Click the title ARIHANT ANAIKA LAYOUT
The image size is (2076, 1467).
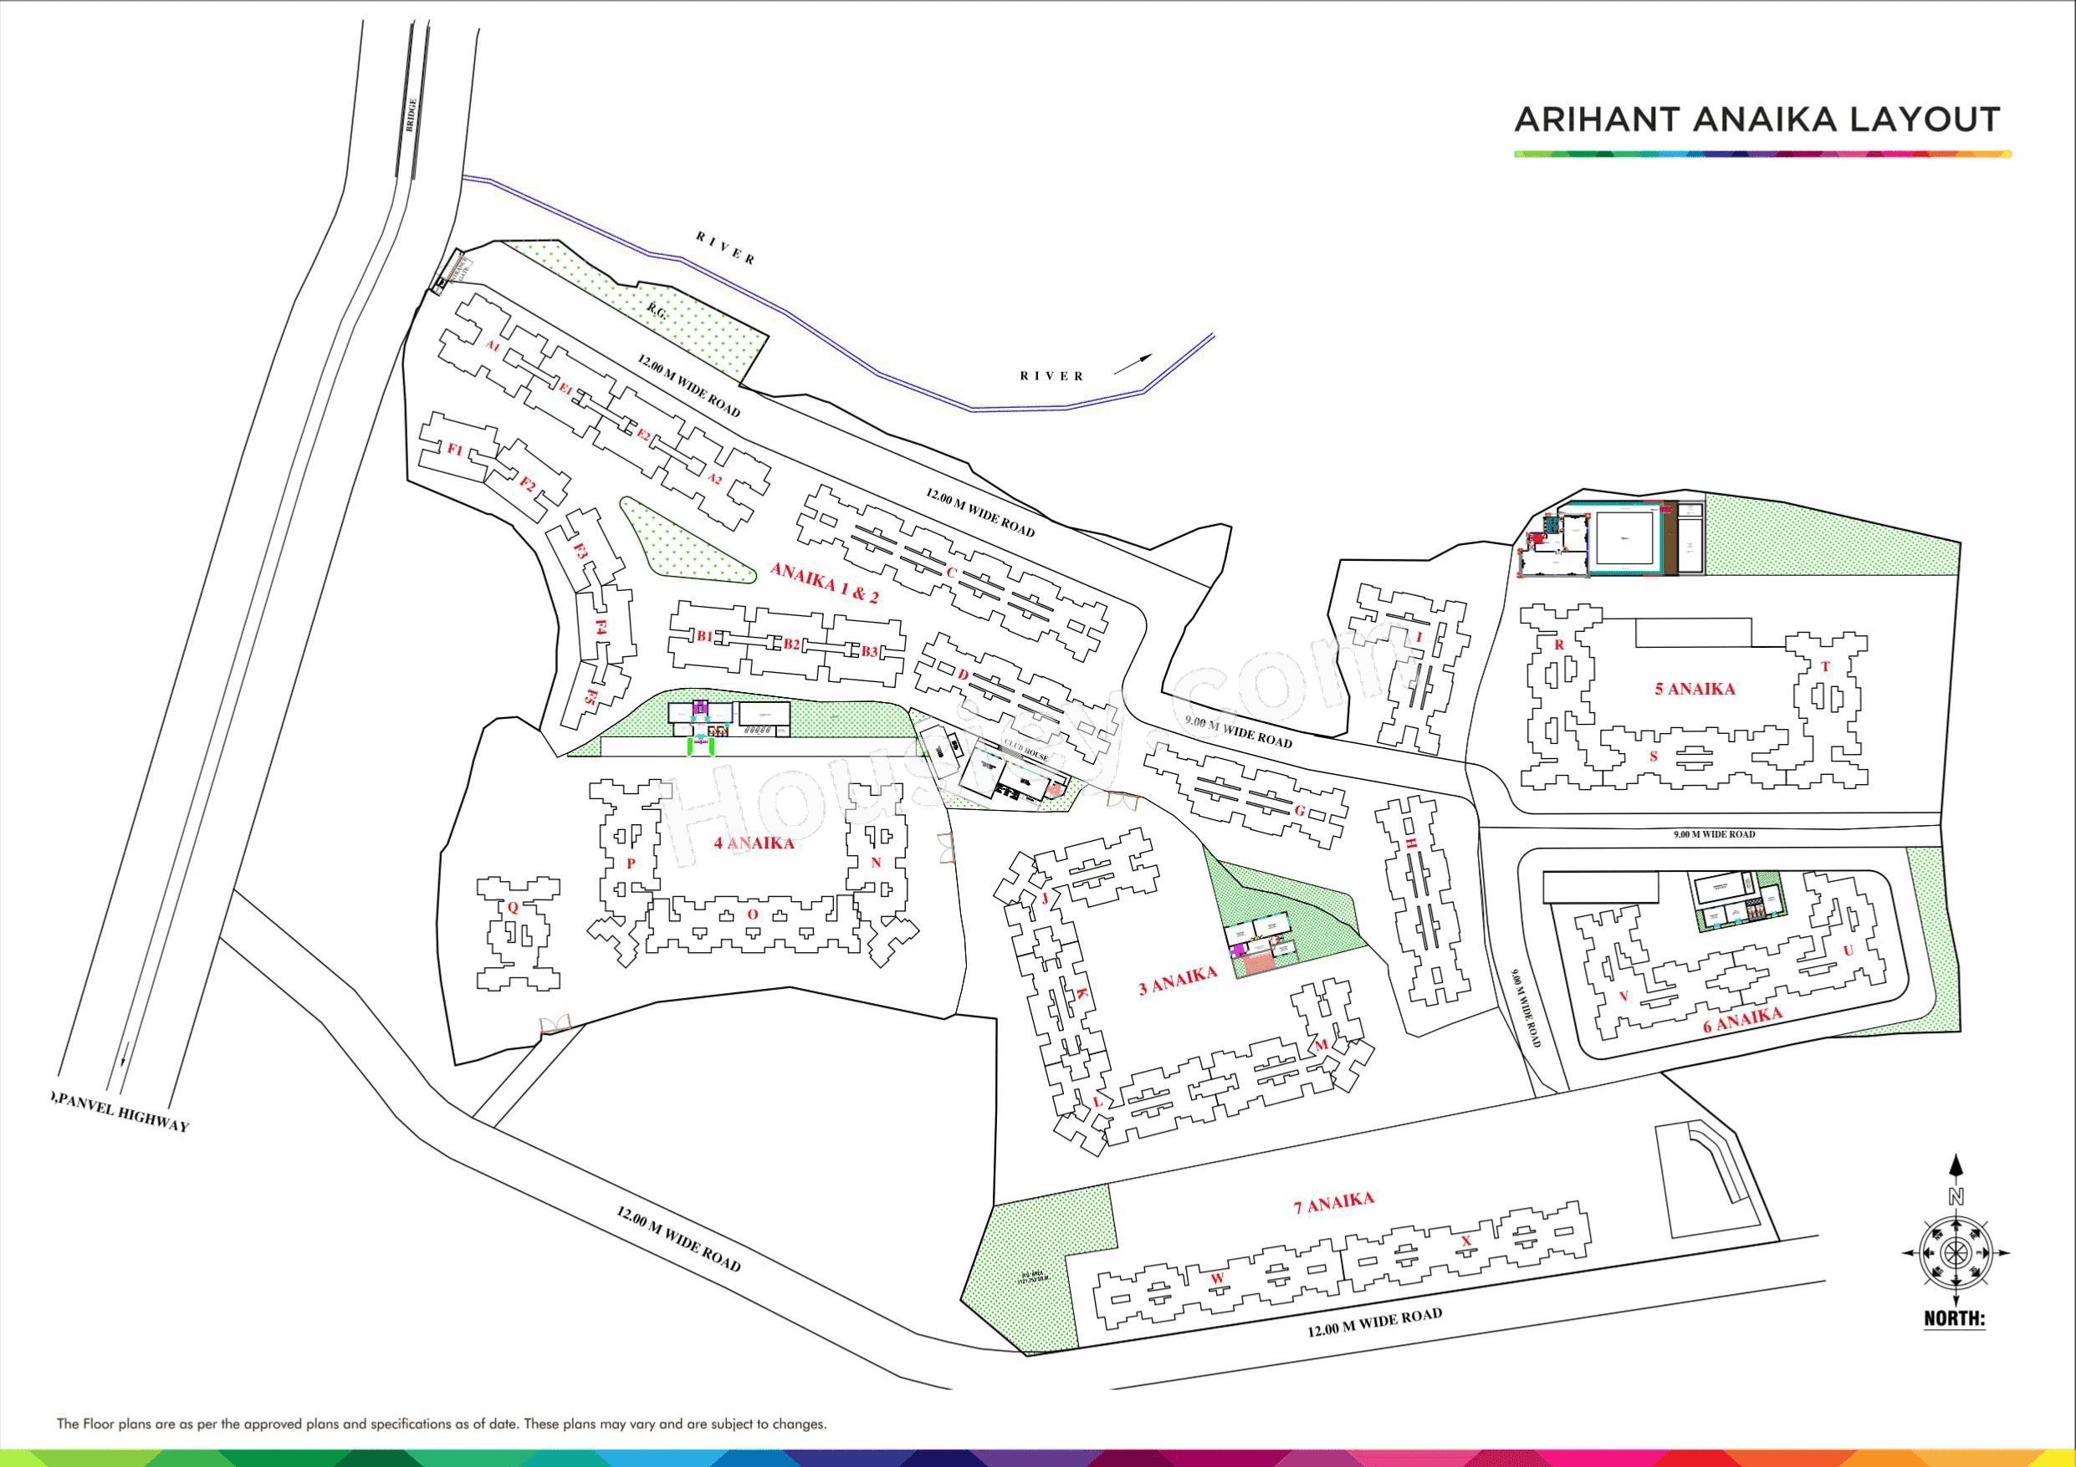[x=1756, y=120]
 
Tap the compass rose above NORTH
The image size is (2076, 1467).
[x=1956, y=1253]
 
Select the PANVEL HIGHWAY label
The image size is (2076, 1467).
[x=121, y=1112]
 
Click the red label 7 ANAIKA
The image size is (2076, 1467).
[x=1333, y=1203]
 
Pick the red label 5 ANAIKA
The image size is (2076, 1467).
[x=1695, y=689]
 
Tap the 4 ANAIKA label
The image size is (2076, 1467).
[x=753, y=843]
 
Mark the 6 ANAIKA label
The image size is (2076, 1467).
[x=1742, y=1020]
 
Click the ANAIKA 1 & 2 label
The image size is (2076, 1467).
[x=824, y=582]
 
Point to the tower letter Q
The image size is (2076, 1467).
[x=512, y=908]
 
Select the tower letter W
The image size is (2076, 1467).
[x=1217, y=1278]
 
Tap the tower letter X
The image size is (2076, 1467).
[x=1465, y=1241]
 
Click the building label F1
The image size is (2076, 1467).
[x=455, y=449]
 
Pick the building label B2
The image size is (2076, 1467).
[x=791, y=644]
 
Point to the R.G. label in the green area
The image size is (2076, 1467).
[x=657, y=310]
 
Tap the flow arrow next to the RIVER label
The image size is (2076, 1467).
[x=1135, y=364]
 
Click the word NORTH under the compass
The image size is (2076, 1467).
[x=1954, y=1318]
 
